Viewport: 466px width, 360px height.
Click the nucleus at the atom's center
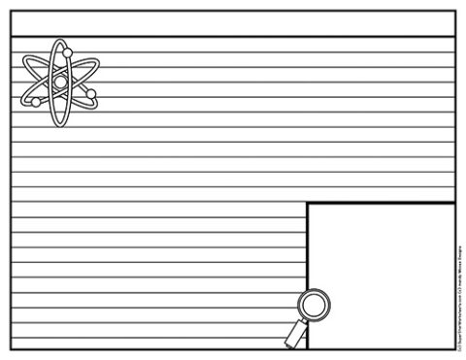coord(60,84)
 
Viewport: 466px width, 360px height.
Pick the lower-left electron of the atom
coord(36,102)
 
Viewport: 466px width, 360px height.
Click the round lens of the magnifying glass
coord(313,306)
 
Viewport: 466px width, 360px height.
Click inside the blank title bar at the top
coord(233,24)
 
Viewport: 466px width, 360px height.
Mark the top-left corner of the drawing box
coord(307,204)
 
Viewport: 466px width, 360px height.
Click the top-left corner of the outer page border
coord(11,12)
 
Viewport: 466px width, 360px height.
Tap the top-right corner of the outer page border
coord(454,12)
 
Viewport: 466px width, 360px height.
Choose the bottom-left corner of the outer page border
coord(11,349)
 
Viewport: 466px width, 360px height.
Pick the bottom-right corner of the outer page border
coord(454,349)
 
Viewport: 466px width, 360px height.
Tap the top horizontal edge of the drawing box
coord(381,204)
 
